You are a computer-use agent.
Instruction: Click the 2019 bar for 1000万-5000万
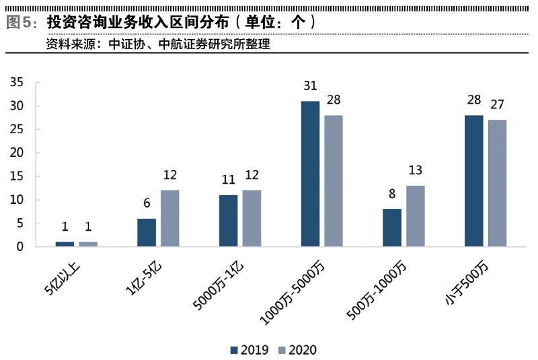point(310,174)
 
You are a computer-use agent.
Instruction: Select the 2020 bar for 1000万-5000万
point(334,181)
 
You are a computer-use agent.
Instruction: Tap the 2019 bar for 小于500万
point(474,181)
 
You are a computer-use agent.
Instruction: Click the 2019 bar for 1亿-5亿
point(147,232)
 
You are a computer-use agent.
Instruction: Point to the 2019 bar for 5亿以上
point(65,244)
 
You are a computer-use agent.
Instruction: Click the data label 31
point(310,86)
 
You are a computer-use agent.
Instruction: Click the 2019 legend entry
point(249,349)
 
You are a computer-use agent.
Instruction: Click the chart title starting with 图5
point(161,21)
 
